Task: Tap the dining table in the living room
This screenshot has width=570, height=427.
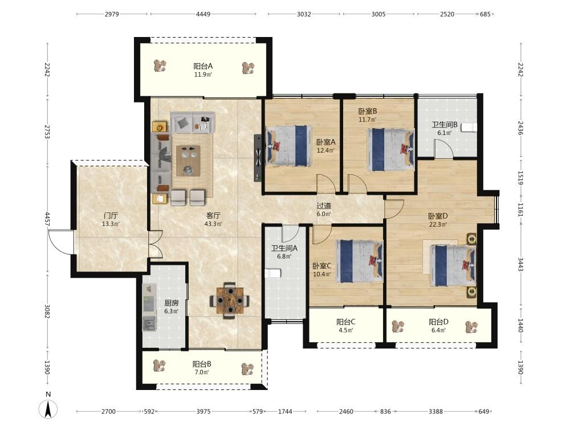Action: click(x=230, y=301)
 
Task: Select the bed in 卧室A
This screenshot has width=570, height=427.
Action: click(x=289, y=146)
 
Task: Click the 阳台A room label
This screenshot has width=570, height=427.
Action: click(x=203, y=67)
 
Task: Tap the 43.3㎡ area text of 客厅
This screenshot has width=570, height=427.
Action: click(x=213, y=224)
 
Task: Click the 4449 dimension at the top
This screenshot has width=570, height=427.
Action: click(x=203, y=14)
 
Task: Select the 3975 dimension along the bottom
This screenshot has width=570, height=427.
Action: click(x=203, y=412)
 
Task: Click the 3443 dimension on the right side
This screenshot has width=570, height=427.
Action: click(x=520, y=265)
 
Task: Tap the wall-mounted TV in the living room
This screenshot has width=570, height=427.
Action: click(x=258, y=158)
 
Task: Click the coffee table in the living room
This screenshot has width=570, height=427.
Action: click(x=188, y=161)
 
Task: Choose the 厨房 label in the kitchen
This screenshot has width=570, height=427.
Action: click(x=171, y=303)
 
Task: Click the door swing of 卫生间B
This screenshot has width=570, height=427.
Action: click(x=444, y=148)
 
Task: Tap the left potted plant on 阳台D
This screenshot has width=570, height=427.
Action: click(x=398, y=327)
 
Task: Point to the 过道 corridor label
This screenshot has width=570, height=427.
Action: click(x=324, y=206)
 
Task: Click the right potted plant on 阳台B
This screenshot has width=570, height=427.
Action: click(x=248, y=369)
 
